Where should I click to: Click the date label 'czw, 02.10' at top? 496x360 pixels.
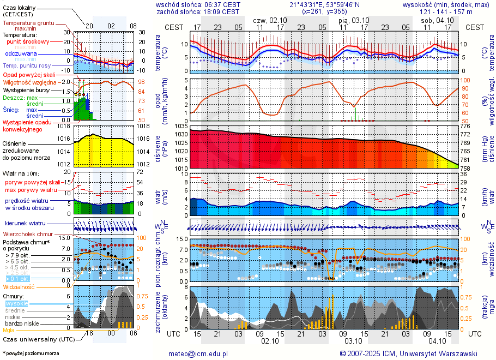270,20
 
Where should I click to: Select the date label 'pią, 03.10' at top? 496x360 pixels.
354,20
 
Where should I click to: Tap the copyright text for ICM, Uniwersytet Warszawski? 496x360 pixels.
408,353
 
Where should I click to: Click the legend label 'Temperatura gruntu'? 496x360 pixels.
28,23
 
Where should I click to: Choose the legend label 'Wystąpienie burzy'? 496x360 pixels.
25,89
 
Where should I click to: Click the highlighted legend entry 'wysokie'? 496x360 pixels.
16,303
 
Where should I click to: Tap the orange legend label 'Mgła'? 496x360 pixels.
9,330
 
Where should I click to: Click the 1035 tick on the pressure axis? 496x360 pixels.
181,126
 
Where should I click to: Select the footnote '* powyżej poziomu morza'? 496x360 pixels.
31,353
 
